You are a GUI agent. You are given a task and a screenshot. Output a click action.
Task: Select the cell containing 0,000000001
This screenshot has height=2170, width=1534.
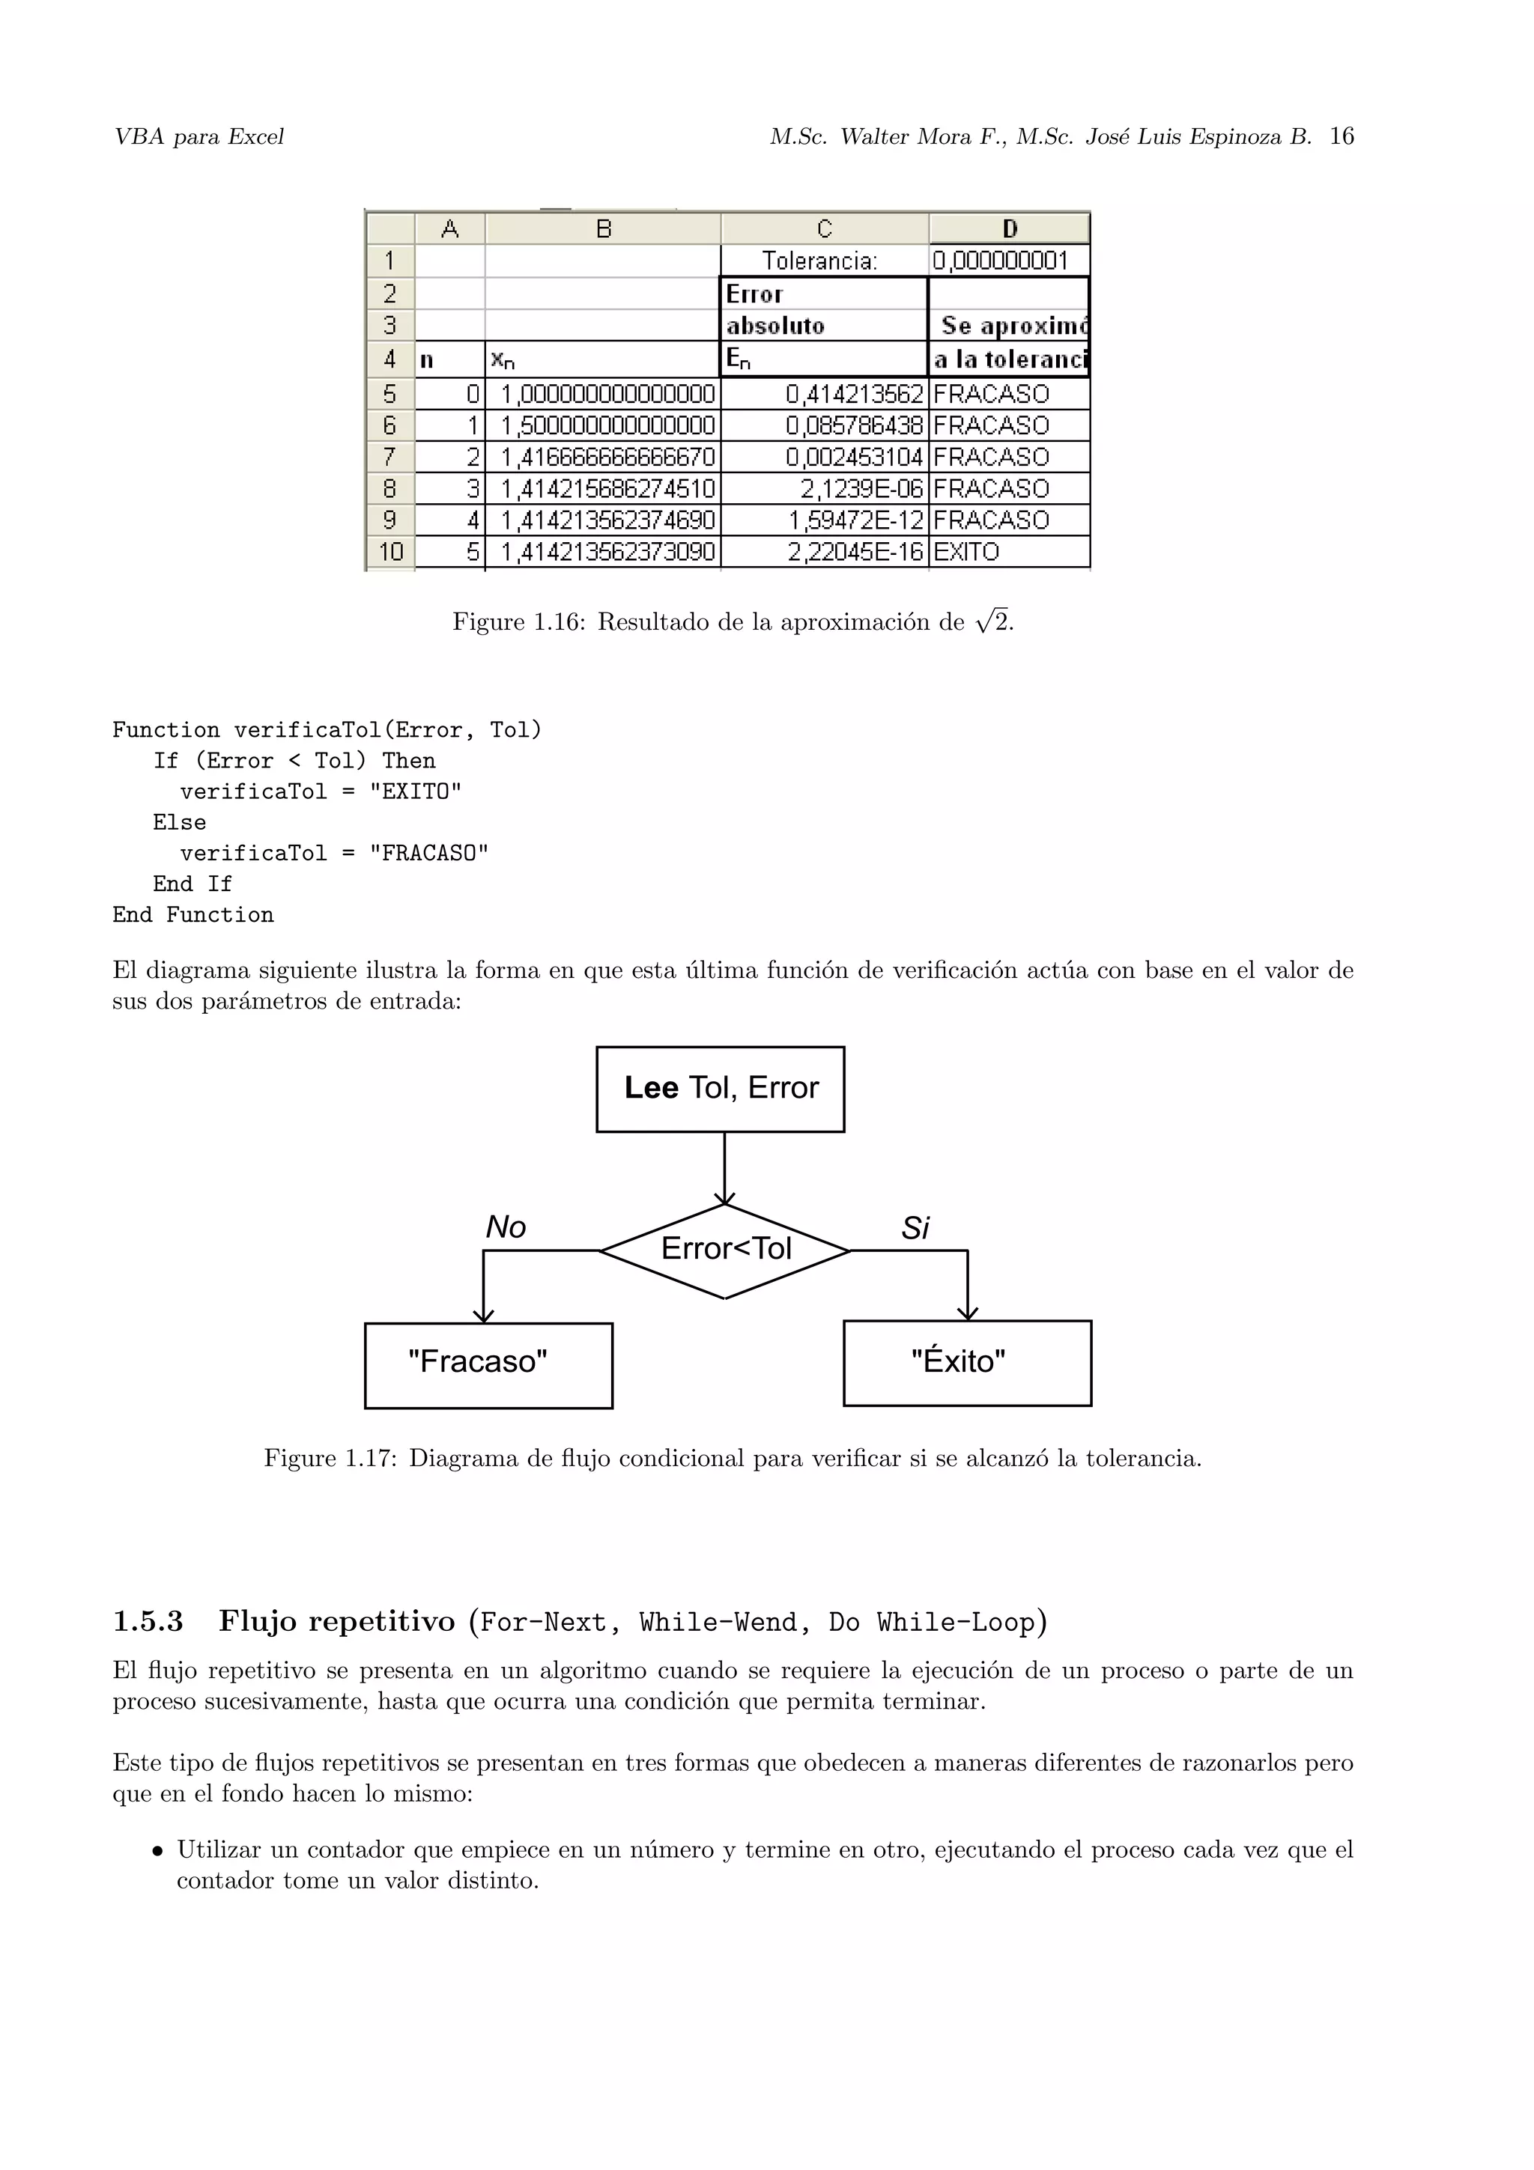click(x=1007, y=261)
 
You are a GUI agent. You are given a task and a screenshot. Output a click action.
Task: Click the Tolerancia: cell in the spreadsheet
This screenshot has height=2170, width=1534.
click(x=823, y=261)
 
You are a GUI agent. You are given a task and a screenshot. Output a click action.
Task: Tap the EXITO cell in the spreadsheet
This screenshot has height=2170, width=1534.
click(x=1007, y=552)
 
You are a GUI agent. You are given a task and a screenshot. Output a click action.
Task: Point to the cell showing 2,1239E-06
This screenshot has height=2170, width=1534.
click(x=824, y=489)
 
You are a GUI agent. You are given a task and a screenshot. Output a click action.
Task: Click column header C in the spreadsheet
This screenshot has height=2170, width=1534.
click(x=824, y=228)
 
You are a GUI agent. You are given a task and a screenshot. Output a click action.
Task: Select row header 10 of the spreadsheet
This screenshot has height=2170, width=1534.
click(x=390, y=552)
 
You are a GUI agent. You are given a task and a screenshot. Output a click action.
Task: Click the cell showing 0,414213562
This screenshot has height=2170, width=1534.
click(x=824, y=394)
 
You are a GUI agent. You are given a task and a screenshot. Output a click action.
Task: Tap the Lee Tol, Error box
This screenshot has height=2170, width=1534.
click(x=721, y=1089)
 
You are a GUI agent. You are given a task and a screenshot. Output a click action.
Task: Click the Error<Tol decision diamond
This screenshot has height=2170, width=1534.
click(x=725, y=1250)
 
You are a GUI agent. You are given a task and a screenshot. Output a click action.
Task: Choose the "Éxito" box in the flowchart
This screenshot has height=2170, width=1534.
click(x=966, y=1363)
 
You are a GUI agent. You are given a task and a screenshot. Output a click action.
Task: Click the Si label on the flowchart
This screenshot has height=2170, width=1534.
click(x=915, y=1229)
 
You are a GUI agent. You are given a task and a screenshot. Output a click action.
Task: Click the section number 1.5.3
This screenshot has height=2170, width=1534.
click(x=148, y=1622)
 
